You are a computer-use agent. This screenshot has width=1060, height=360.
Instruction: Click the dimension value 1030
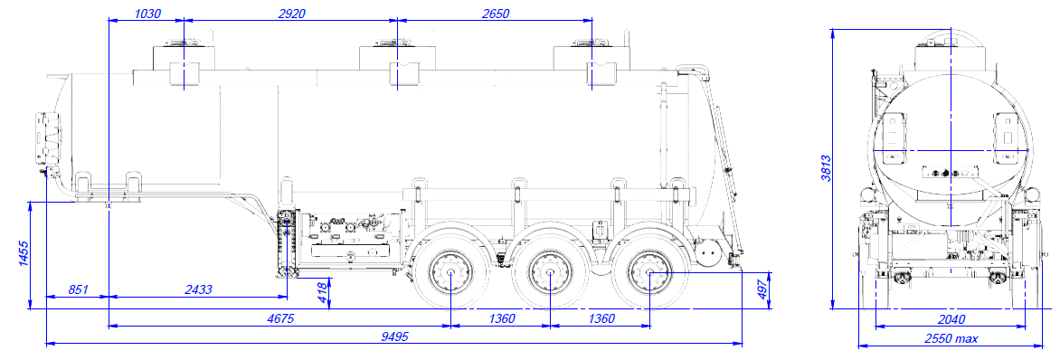pyautogui.click(x=147, y=13)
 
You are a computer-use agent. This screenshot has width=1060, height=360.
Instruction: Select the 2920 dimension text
pyautogui.click(x=290, y=13)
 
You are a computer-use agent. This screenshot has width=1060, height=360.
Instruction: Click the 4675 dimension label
pyautogui.click(x=279, y=318)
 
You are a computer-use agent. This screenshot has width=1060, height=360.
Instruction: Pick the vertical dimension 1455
pyautogui.click(x=23, y=255)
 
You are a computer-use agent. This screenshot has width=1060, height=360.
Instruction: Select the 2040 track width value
pyautogui.click(x=950, y=319)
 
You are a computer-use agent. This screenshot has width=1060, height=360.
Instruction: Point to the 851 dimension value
pyautogui.click(x=78, y=289)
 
